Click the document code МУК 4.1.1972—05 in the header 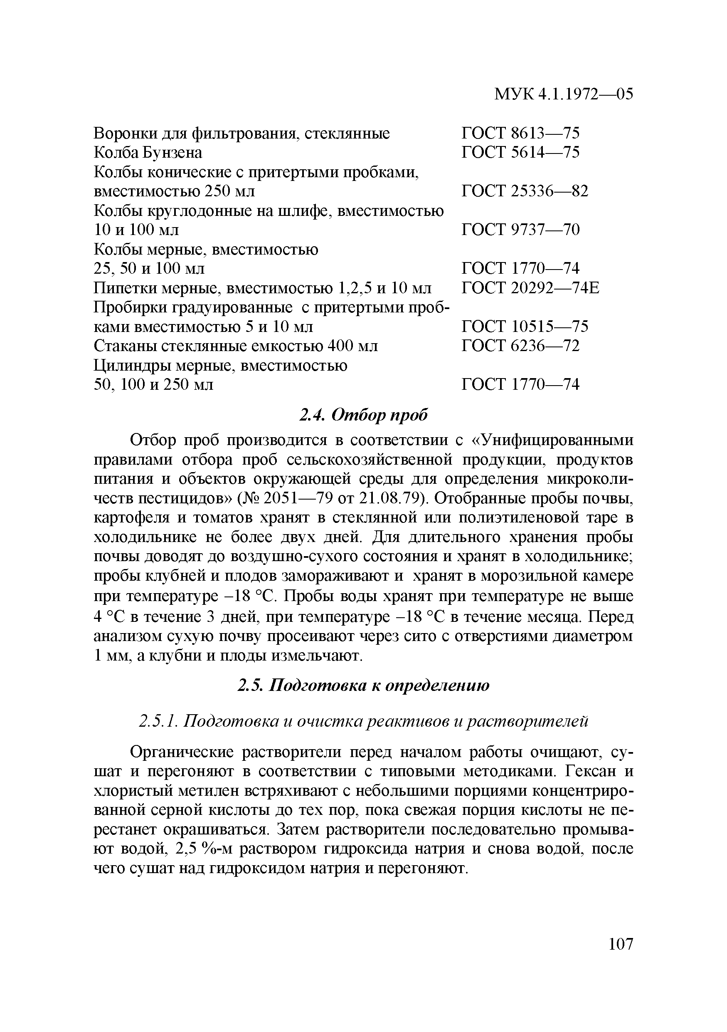point(563,94)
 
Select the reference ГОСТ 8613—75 point(520,133)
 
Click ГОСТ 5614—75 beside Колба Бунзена point(520,152)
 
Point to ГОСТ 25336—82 point(525,191)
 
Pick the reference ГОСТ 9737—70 point(520,230)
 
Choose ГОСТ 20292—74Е point(530,288)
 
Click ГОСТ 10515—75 point(525,326)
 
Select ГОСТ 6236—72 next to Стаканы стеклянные point(520,346)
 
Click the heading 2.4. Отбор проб point(363,415)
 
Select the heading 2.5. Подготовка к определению point(363,686)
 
